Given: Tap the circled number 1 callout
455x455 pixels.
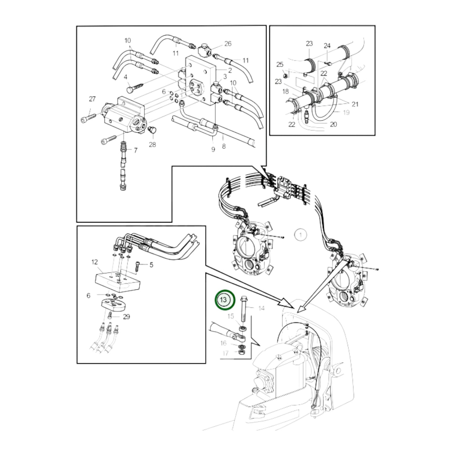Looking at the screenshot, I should tap(301, 235).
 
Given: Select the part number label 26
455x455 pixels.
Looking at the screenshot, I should tap(228, 44).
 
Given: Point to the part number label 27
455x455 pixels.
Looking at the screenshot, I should tap(92, 99).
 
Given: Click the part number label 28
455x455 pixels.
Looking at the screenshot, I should tap(152, 145).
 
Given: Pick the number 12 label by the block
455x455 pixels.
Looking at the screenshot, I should tap(94, 262).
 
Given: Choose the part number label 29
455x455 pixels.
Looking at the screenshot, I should tap(126, 317).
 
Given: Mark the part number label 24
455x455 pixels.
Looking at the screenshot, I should tap(327, 46).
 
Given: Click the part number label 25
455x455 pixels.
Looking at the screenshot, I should tap(280, 65).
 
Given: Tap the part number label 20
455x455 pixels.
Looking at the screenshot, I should tap(333, 124).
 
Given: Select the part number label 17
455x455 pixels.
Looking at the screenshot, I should tap(225, 353).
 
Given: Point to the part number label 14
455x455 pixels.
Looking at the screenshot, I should tap(261, 308).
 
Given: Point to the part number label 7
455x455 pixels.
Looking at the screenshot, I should tap(135, 151).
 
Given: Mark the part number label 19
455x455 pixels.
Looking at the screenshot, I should tap(346, 112).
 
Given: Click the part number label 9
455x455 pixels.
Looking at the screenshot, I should tap(213, 150).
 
